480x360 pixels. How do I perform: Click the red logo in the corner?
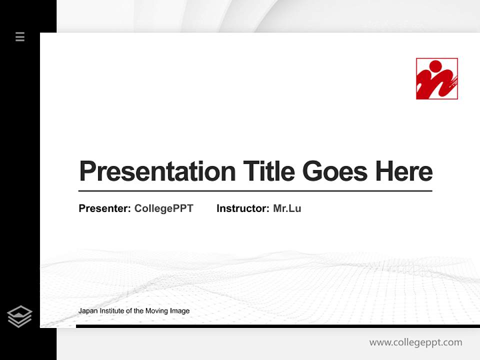coord(436,79)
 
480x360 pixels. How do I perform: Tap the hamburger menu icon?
coord(20,36)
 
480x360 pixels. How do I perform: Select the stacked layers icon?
coord(19,316)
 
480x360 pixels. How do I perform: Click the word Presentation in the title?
coord(157,171)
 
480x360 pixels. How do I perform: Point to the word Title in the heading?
coord(268,171)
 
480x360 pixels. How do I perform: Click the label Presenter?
coord(105,208)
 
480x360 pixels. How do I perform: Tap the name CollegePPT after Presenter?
coord(163,208)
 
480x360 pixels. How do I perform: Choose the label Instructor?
coord(243,208)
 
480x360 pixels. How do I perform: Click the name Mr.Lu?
coord(287,208)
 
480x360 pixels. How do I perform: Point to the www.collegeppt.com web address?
coord(415,342)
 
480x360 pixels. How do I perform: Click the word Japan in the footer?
coord(87,311)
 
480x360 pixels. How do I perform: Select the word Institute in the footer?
coord(111,311)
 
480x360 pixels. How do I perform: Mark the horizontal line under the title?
coord(255,191)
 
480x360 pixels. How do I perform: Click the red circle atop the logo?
coord(435,66)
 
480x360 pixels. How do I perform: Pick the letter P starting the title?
coord(87,171)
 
